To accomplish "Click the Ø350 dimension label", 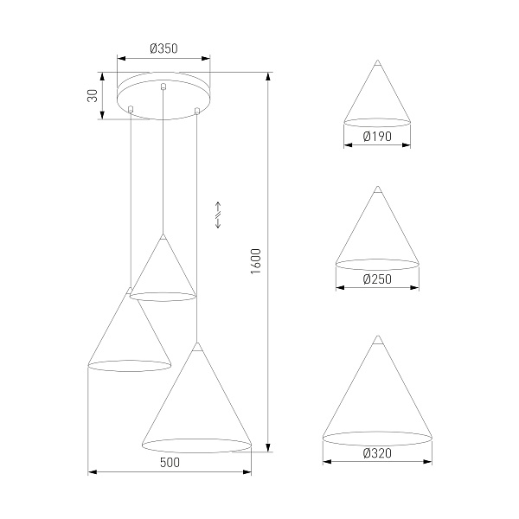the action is (x=163, y=48).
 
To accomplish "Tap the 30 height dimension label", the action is (x=93, y=96).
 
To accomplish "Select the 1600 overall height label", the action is (x=256, y=261).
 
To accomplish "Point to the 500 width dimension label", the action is (x=170, y=463).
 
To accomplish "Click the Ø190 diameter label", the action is (x=377, y=137).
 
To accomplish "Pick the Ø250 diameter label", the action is (x=377, y=279).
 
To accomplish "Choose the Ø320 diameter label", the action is (x=377, y=453).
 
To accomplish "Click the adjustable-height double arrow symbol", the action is (x=218, y=215).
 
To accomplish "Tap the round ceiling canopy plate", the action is (x=163, y=95).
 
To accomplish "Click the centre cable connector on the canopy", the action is (x=163, y=86).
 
